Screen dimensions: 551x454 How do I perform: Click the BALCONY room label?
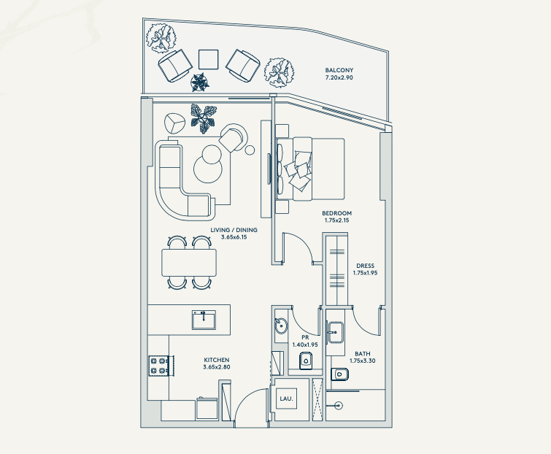click(x=339, y=70)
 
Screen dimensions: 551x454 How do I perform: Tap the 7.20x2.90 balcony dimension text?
click(x=339, y=77)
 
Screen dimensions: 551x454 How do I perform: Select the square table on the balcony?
click(x=209, y=59)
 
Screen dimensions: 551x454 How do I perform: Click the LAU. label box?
click(x=286, y=399)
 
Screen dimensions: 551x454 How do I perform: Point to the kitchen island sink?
click(x=204, y=320)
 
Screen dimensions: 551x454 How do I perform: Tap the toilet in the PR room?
click(x=307, y=360)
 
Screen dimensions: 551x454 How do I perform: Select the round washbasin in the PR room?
click(x=281, y=326)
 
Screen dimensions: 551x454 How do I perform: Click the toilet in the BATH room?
click(x=339, y=374)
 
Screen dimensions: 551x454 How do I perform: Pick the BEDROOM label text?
click(x=336, y=213)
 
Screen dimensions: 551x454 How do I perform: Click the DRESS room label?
click(x=365, y=266)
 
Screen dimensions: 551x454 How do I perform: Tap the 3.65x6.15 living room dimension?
click(x=234, y=237)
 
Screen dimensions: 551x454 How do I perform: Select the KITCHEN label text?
click(x=217, y=360)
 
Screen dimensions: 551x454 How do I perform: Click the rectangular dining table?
click(x=189, y=263)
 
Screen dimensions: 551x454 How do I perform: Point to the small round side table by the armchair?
click(x=250, y=150)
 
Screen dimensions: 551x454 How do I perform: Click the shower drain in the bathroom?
click(x=339, y=406)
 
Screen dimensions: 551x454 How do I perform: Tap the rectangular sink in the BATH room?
click(x=336, y=331)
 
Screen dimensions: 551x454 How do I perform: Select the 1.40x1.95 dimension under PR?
click(x=305, y=345)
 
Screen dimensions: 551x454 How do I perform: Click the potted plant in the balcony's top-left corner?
click(x=161, y=38)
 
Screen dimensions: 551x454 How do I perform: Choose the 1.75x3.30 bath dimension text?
click(x=362, y=361)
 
